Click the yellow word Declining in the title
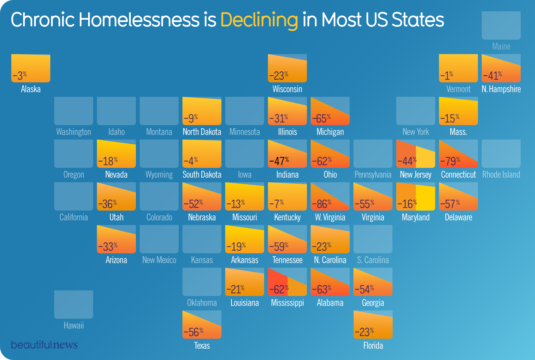pos(259,20)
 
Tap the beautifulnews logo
pos(44,345)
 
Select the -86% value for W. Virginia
pos(322,204)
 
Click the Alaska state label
pos(31,89)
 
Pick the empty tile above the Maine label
pos(501,25)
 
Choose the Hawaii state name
pos(74,325)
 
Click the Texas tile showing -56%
pos(202,324)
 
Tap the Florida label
pos(373,345)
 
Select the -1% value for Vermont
pos(447,76)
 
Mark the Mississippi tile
pos(287,282)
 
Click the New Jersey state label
pos(416,175)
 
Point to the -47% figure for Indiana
pos(279,161)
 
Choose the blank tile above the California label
pos(74,196)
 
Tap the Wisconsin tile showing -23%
pos(287,68)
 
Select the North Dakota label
pos(202,132)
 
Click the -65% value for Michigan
pos(322,118)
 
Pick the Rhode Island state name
pos(501,175)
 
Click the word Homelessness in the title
pos(139,20)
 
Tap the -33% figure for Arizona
pos(108,247)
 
